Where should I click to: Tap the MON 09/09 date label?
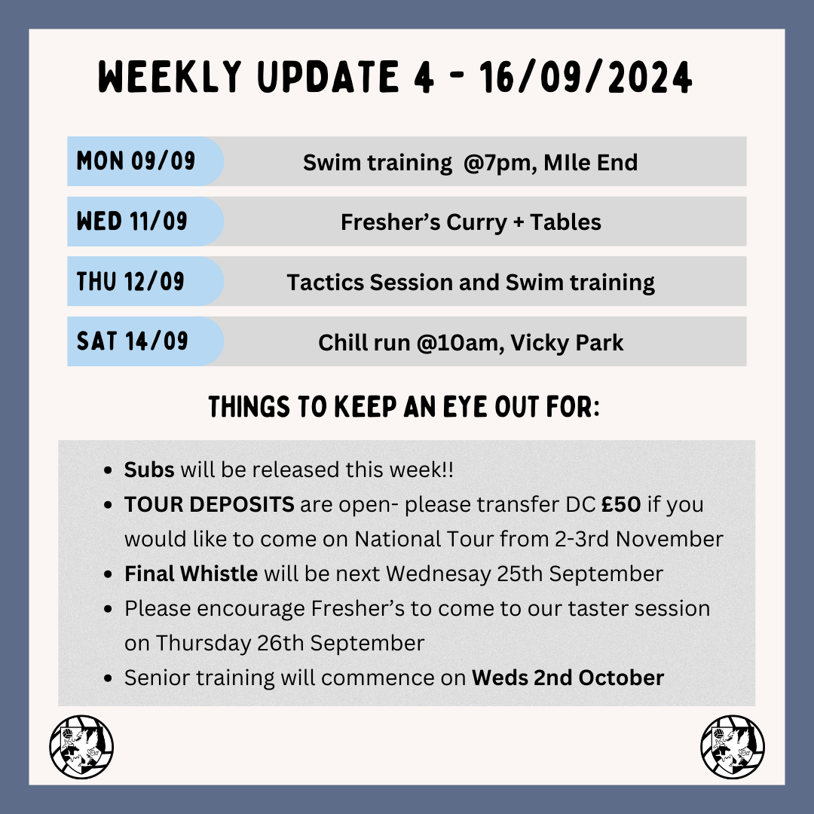tap(136, 161)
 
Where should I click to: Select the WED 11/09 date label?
tap(133, 222)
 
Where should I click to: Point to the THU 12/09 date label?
tap(131, 281)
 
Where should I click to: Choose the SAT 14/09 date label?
tap(133, 341)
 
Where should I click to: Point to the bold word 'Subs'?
tap(149, 470)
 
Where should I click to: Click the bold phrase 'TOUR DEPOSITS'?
tap(209, 504)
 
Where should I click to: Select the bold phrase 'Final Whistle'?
tap(191, 574)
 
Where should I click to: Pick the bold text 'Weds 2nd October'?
tap(568, 678)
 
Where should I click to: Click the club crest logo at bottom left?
tap(81, 747)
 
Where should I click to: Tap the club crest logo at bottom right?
tap(733, 747)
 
